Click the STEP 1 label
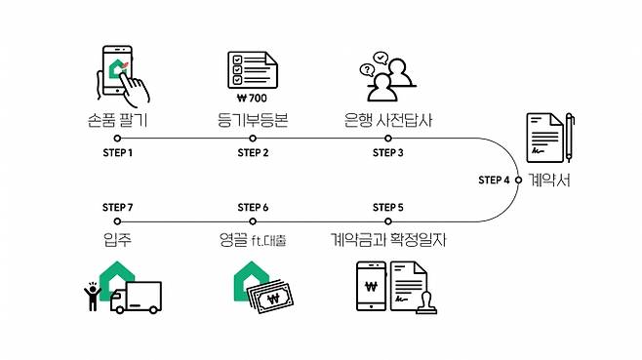pos(117,153)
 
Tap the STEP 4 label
pos(494,180)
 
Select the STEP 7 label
pos(117,208)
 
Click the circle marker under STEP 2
pos(253,139)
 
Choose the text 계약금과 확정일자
pos(388,239)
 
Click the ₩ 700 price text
pos(252,99)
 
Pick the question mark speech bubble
pos(367,69)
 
